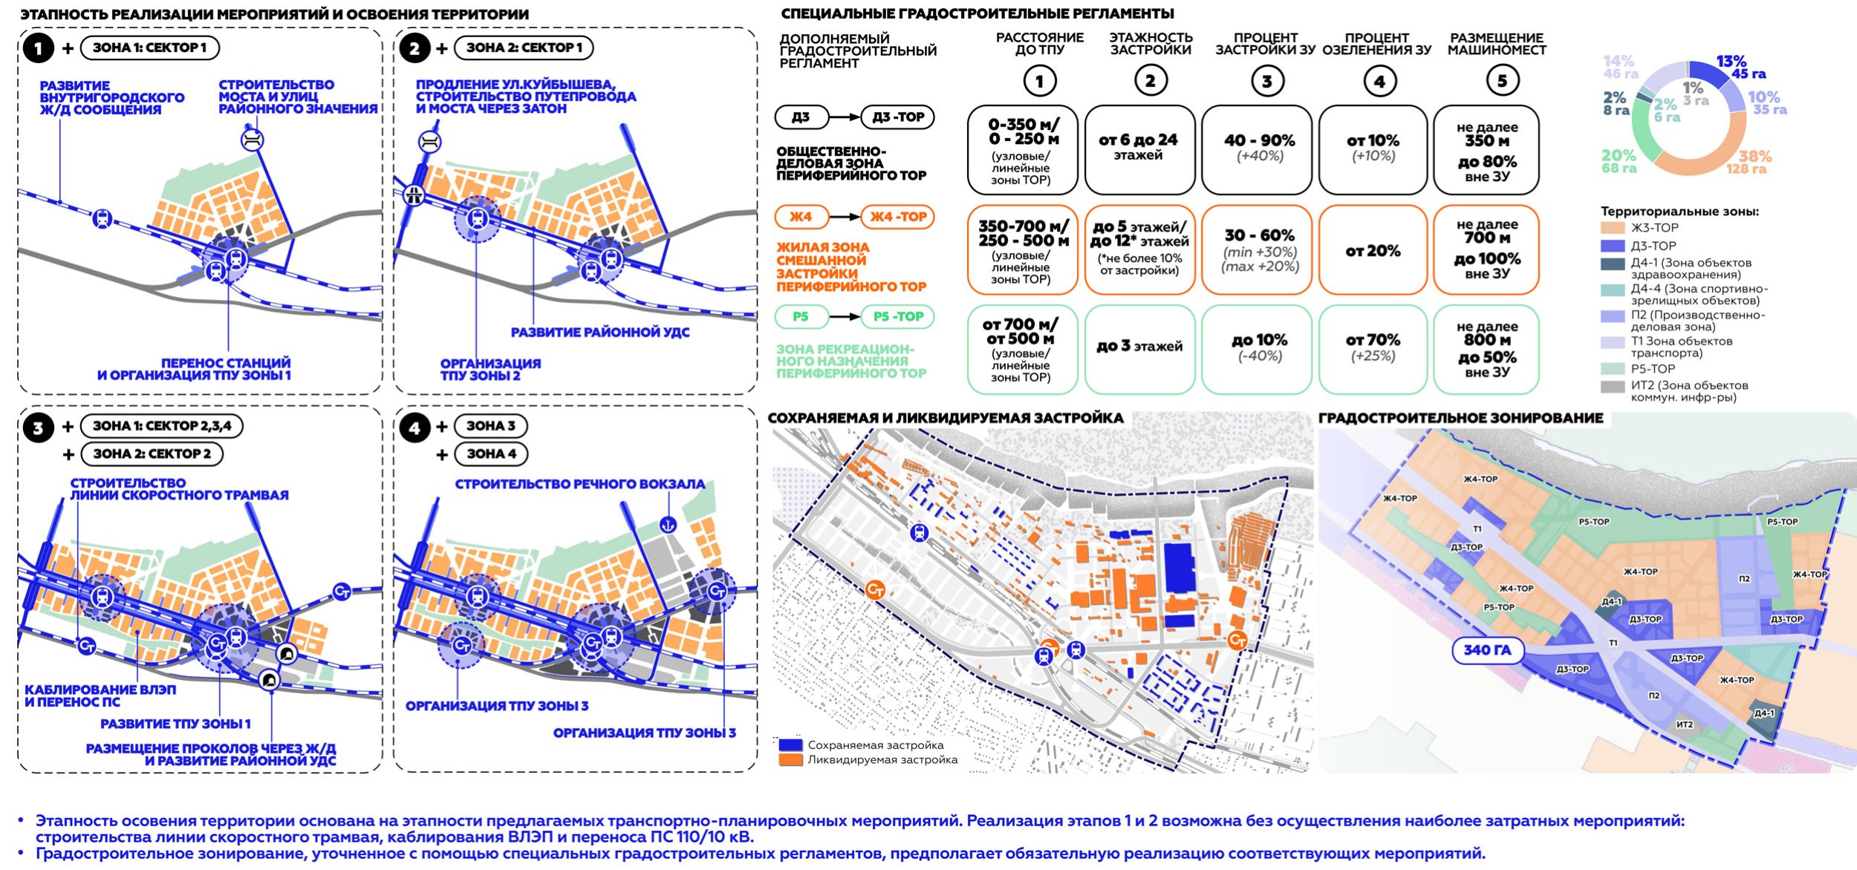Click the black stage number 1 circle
38,48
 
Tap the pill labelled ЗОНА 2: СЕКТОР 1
524,48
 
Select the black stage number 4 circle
414,428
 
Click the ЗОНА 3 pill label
490,426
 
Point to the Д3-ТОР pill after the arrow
897,117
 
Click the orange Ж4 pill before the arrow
800,217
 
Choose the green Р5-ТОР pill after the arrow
897,317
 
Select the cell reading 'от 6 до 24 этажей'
1139,148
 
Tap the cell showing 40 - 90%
1259,148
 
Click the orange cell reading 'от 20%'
1373,251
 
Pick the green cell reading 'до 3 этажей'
1139,347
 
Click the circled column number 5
1502,81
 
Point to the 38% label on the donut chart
1754,157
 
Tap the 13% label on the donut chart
1731,62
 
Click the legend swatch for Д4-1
1613,264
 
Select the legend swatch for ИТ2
1613,387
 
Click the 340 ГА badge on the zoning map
1487,650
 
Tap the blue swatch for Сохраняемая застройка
790,745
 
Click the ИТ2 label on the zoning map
1684,725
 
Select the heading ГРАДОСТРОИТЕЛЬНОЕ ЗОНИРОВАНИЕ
1460,419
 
